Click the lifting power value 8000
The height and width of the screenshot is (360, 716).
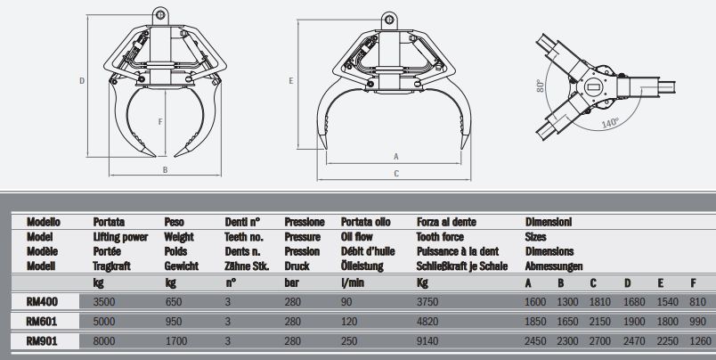[104, 340]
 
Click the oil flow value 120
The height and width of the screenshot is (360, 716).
[348, 321]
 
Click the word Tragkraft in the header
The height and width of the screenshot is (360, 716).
[112, 266]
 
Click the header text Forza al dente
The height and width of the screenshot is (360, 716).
[446, 221]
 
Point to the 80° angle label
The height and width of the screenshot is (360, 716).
[540, 86]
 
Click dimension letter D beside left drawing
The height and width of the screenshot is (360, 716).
[81, 81]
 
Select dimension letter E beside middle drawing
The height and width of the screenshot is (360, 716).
[292, 81]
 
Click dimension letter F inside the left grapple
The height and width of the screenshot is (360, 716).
[159, 121]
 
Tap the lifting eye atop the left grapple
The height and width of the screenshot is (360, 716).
[160, 14]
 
